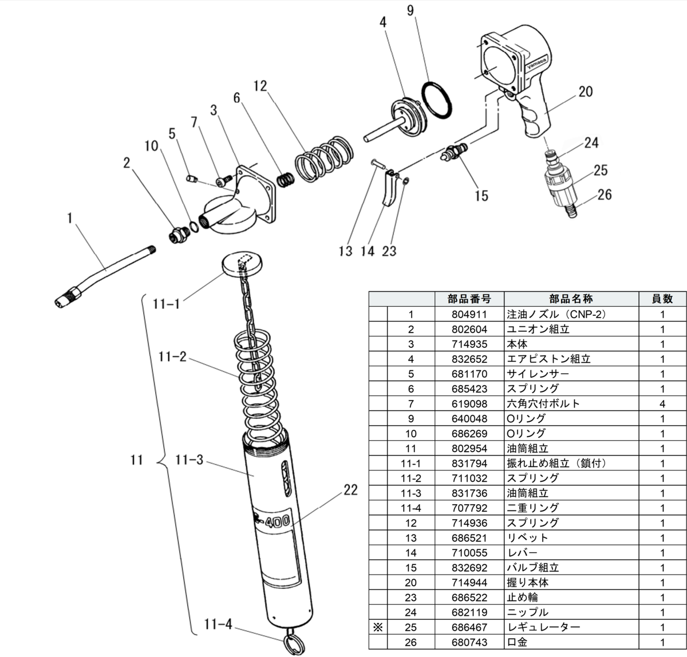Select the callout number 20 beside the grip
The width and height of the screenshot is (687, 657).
(585, 92)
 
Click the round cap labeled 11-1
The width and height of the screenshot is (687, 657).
(242, 264)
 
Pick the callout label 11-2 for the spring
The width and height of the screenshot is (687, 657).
(172, 357)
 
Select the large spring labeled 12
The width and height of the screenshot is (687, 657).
(323, 159)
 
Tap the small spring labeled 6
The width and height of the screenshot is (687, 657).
(285, 179)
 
